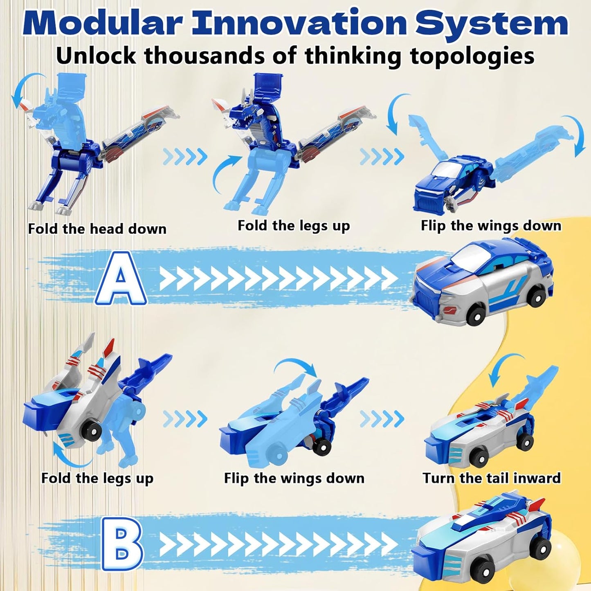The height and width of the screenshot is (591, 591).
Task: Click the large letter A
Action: click(121, 279)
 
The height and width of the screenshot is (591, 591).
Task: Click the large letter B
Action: click(121, 544)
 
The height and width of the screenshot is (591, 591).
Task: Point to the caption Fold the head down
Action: click(97, 229)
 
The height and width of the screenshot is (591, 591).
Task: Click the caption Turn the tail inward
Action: click(491, 478)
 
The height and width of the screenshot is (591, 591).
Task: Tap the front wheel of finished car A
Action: click(474, 315)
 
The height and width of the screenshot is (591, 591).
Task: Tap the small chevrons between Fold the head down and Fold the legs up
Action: click(185, 156)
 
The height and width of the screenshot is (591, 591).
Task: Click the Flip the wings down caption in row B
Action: click(294, 478)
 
